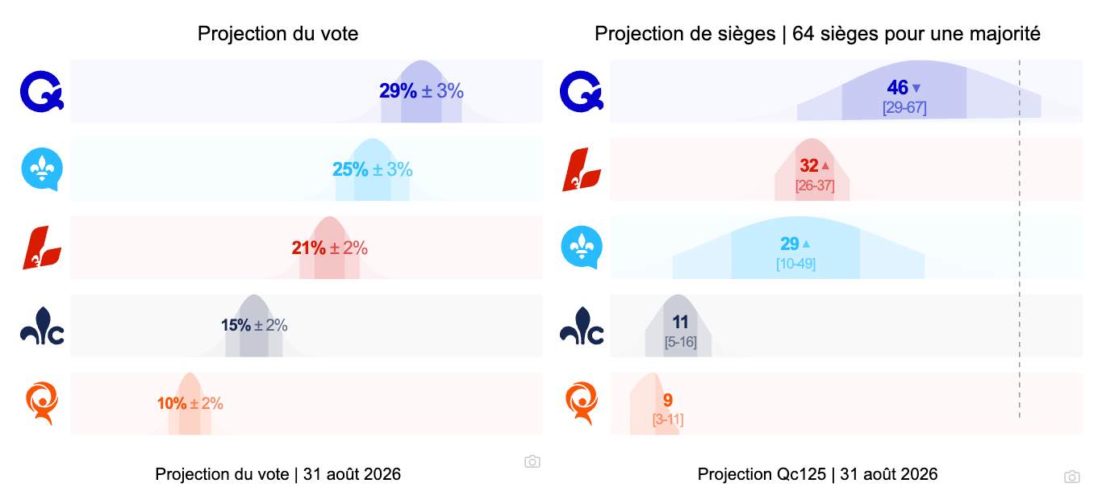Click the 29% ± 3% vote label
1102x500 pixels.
tap(421, 91)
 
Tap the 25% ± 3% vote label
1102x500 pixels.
tap(373, 169)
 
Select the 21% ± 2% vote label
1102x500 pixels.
tap(330, 248)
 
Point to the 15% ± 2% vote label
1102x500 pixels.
tap(254, 325)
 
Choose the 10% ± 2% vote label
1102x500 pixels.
tap(190, 404)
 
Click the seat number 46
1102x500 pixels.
tap(897, 88)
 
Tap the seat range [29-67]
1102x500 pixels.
tap(904, 108)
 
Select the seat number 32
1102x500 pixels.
tap(809, 165)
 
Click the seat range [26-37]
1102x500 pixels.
tap(815, 185)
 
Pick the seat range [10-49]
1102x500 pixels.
tap(795, 264)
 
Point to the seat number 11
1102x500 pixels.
tap(680, 322)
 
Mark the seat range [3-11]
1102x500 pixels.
tap(668, 420)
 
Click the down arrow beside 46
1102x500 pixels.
tap(916, 89)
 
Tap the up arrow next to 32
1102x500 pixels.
tap(825, 165)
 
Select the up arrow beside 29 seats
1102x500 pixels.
tap(806, 244)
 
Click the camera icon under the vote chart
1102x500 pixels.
tap(532, 461)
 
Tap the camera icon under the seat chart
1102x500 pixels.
tap(1072, 477)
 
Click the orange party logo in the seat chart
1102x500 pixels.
tap(582, 403)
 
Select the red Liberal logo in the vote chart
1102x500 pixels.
tap(42, 248)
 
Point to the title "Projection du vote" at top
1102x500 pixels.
tap(278, 34)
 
